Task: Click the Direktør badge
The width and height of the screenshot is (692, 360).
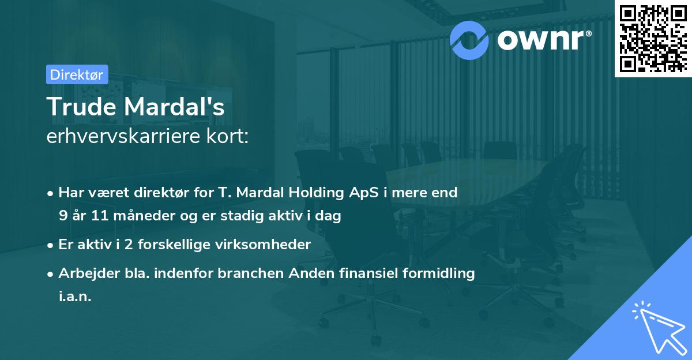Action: tap(76, 74)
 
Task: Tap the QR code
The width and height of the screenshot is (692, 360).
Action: tap(653, 38)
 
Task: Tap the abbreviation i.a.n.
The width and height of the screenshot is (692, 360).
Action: tap(75, 297)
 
